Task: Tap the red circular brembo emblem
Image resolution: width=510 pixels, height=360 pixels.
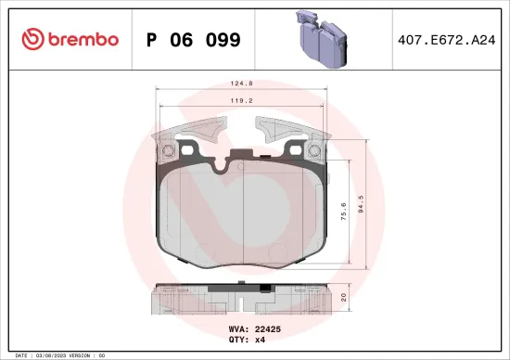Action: click(x=32, y=39)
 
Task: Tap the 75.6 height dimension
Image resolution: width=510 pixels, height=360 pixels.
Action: click(x=344, y=212)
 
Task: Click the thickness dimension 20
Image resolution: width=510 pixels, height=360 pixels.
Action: click(x=345, y=298)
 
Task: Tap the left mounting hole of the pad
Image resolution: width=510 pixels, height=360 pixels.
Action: click(x=168, y=151)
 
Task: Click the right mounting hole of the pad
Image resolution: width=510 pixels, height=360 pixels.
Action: click(x=321, y=151)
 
